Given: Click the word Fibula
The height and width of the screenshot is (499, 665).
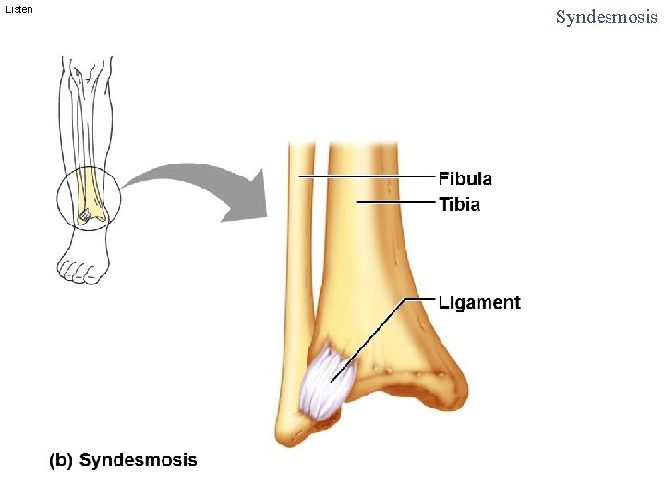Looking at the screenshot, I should point(465,178).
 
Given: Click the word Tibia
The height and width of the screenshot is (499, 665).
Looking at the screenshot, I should point(459,204).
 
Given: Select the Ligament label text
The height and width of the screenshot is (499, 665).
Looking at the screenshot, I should point(479,302).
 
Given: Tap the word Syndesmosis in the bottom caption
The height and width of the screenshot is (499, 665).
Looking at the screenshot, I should point(138,459).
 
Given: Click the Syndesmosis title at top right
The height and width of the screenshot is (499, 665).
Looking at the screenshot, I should point(606,17).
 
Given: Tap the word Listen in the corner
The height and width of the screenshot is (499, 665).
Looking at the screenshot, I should point(18,9).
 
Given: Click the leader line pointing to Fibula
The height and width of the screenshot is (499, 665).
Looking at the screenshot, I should point(369,175).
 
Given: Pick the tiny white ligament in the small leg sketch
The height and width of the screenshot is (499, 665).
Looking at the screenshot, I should point(84,215).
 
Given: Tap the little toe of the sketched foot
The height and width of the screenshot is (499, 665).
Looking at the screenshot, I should point(64,269).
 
